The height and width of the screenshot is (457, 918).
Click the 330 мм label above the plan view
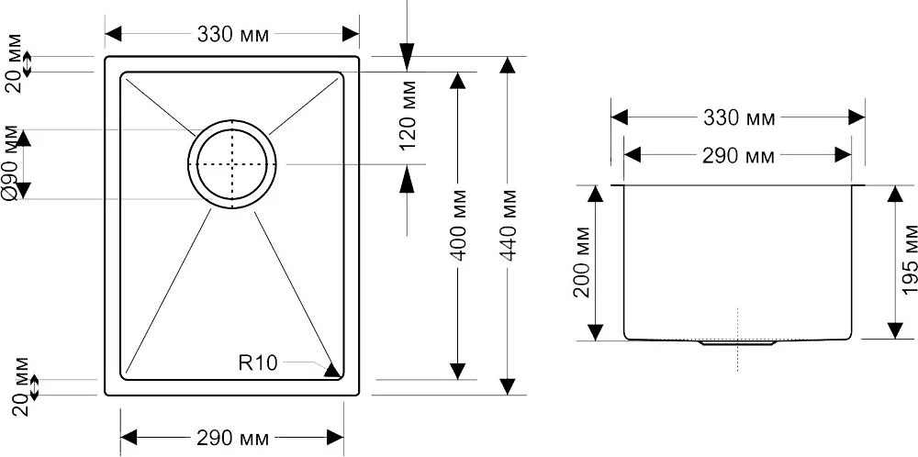coord(233,35)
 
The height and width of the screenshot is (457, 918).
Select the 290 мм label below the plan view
coord(233,437)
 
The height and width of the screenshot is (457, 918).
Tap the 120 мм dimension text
coord(409,115)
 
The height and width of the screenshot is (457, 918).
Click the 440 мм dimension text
coord(509,225)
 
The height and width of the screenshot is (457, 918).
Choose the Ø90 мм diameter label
coord(11,164)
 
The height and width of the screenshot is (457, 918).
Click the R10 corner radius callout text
coord(258,363)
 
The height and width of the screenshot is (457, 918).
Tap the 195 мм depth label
coord(909,260)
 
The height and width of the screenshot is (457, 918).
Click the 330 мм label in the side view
coord(739,118)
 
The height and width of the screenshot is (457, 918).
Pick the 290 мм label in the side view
coord(738,156)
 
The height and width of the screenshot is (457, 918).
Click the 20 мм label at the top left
coord(15,64)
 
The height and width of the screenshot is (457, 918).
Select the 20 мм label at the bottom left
coord(20,386)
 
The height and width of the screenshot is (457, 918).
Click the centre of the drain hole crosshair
coord(232,164)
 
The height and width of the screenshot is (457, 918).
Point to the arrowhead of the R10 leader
coord(332,371)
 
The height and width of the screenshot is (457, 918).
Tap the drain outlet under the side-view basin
coord(738,343)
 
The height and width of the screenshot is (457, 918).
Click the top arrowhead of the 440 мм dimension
coord(508,64)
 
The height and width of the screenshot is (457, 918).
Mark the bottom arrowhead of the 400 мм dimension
coord(457,371)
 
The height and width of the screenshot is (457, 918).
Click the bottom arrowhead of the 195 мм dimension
coord(895,330)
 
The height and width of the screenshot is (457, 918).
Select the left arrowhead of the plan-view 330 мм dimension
coord(113,34)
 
